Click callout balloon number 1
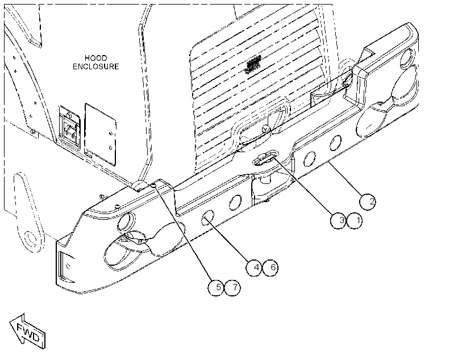[355, 221]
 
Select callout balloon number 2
[367, 202]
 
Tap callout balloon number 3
[338, 221]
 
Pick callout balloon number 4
[254, 267]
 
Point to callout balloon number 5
[216, 287]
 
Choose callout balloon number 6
[271, 267]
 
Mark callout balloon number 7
[232, 287]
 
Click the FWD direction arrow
[27, 331]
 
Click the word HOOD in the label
[95, 58]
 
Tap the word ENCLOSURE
[95, 66]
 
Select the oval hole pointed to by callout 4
[208, 217]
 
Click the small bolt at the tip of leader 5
[153, 185]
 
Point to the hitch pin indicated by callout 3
[264, 157]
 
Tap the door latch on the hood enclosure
[69, 126]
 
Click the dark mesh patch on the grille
[253, 64]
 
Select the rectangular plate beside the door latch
[100, 134]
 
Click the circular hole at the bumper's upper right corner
[406, 58]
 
